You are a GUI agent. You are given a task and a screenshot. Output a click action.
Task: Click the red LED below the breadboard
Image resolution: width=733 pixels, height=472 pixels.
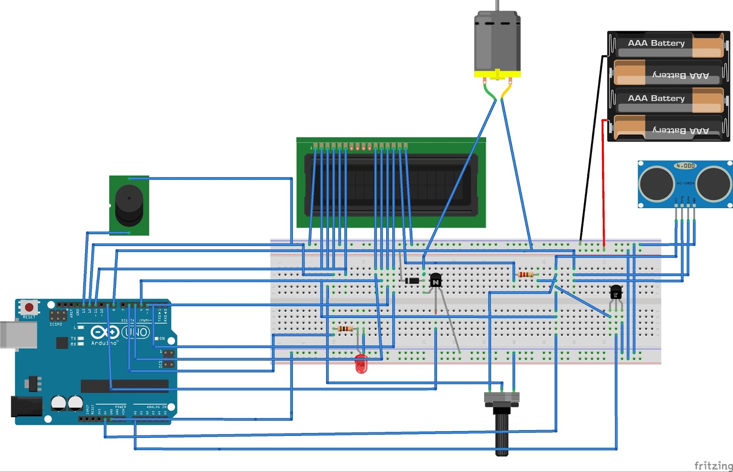coord(361,364)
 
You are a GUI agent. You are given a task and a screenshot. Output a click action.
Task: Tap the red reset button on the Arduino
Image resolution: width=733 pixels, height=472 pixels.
coord(30,307)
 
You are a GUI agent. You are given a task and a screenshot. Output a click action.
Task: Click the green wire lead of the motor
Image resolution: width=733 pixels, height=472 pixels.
coord(489,92)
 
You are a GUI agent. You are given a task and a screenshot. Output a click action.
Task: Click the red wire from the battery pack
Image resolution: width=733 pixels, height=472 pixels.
coord(603,183)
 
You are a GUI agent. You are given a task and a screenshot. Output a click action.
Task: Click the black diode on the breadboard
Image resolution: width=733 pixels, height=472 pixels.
coord(412,280)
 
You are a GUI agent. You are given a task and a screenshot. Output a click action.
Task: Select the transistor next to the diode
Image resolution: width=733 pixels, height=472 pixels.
coord(435,279)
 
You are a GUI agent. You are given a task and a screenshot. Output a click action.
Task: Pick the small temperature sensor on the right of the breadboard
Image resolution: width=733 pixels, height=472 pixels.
coord(616,291)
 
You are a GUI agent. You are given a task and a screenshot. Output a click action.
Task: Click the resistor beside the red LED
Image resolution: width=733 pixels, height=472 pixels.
coord(345,329)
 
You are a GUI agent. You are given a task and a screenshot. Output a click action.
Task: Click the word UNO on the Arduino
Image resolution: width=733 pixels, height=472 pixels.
coord(136,332)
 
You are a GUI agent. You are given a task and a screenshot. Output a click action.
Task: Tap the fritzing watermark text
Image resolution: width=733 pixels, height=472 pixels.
coord(713,466)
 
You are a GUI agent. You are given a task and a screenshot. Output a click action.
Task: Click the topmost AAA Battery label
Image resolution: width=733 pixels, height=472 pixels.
coord(656,43)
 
